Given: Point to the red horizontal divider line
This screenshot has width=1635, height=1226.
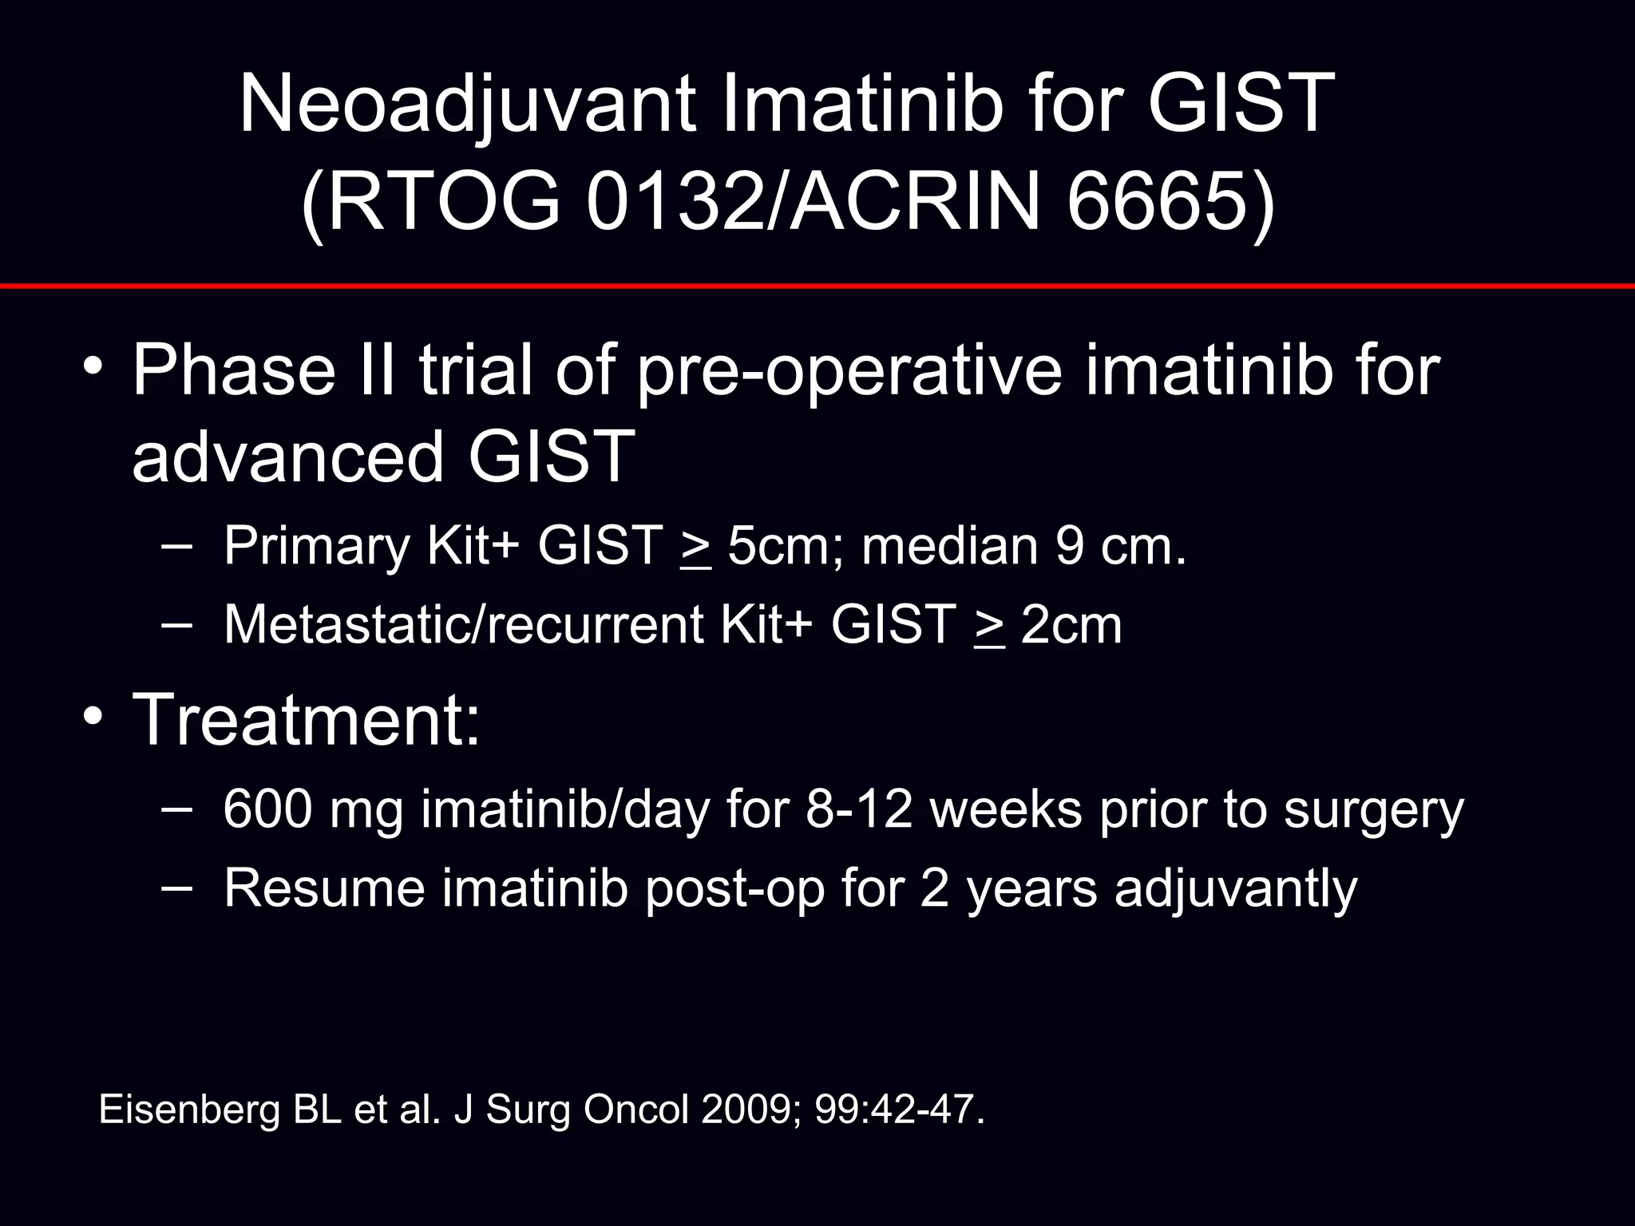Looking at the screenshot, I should tap(817, 285).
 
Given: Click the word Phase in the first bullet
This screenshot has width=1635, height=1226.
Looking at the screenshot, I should tap(234, 370).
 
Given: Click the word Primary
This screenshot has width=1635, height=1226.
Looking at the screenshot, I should tap(316, 548).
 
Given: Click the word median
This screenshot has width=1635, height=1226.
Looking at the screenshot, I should tap(949, 546).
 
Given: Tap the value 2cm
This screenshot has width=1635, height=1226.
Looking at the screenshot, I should tap(1071, 625).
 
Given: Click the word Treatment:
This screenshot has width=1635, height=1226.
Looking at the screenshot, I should tap(307, 720).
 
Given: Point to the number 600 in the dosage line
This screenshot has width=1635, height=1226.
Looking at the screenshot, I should tap(267, 809).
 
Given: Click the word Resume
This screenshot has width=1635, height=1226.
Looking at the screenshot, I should tap(324, 888).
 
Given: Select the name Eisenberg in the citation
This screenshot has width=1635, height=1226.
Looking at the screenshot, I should tap(189, 1110).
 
